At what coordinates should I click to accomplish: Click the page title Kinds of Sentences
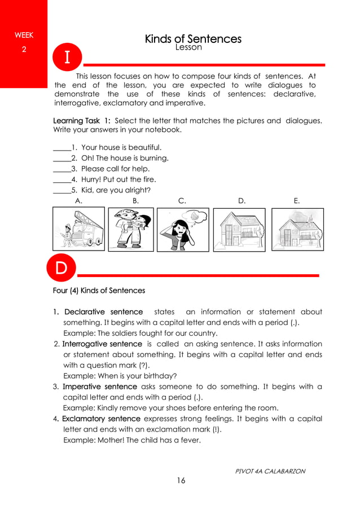click(193, 39)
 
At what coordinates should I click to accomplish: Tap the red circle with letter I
click(67, 58)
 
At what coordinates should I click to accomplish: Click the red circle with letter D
click(61, 268)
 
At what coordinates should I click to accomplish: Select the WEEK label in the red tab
click(24, 35)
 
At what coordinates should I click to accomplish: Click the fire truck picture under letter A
click(78, 229)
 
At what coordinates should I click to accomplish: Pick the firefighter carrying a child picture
click(130, 229)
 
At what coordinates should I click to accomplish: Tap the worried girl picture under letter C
click(182, 229)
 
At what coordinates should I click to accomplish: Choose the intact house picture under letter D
click(239, 229)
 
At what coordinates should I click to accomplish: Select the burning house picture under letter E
click(297, 229)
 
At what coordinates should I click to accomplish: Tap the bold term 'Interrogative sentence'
click(102, 344)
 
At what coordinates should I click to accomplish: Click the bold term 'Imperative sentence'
click(99, 387)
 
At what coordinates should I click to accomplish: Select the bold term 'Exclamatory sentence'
click(101, 419)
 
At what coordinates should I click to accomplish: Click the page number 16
click(181, 481)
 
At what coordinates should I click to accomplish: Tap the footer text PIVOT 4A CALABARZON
click(270, 471)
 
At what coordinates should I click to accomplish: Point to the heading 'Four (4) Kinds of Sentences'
click(99, 291)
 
